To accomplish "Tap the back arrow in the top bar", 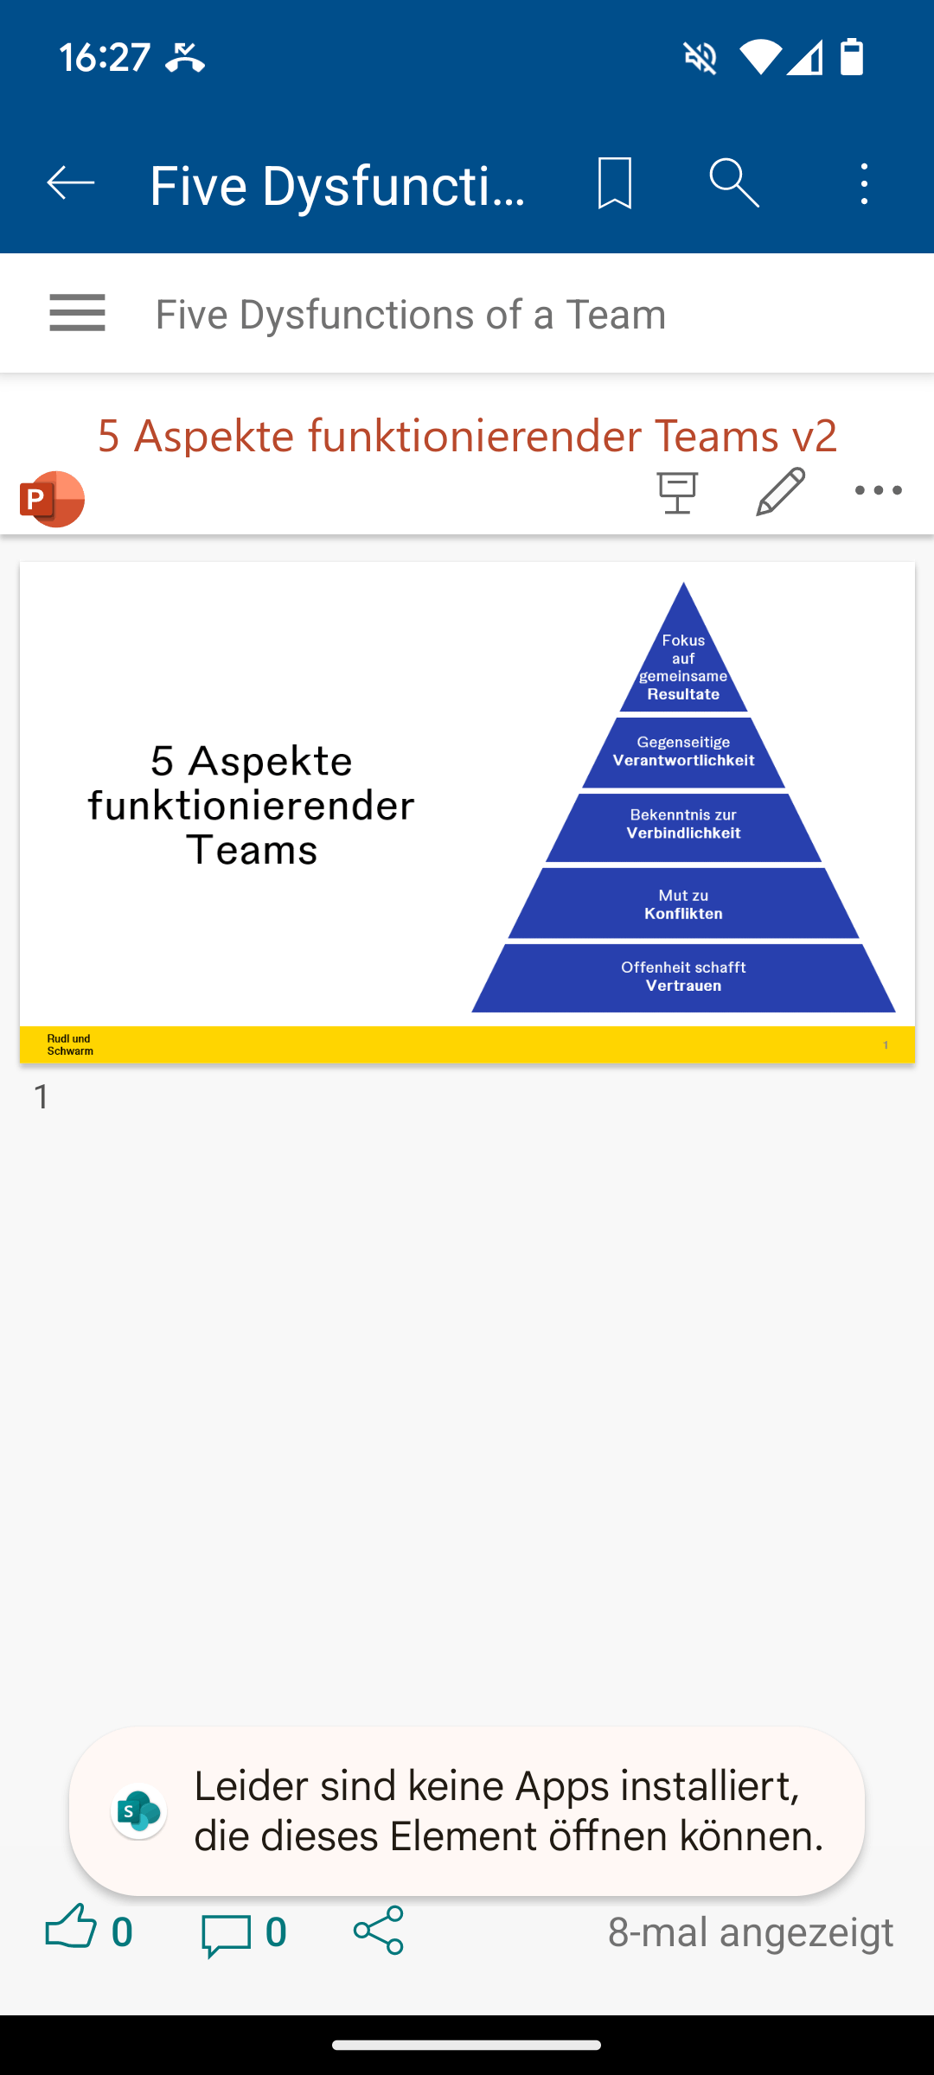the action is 70,183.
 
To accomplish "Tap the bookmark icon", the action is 615,183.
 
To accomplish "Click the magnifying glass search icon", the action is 734,183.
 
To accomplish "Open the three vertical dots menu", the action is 864,183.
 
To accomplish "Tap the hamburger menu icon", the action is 77,313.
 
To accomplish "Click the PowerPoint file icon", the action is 52,499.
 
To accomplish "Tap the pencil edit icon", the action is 781,491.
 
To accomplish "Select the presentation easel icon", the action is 677,493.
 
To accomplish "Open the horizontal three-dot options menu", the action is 878,490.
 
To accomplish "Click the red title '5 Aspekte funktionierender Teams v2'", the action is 467,435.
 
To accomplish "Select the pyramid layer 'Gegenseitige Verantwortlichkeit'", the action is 683,752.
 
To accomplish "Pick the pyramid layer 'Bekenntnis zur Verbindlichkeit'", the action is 683,827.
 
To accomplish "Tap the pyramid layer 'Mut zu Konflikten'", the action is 683,903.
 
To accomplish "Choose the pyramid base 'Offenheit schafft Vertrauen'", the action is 683,977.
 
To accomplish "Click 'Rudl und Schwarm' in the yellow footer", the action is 70,1044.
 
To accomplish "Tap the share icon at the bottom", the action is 379,1930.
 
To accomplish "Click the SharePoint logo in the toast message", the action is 139,1811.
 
